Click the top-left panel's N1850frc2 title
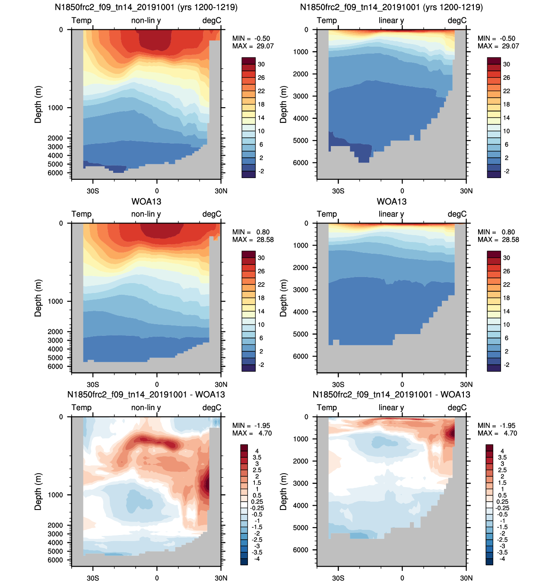146,7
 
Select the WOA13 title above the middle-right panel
391,201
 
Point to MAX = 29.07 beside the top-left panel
253,46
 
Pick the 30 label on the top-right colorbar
507,64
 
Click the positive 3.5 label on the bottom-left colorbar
257,457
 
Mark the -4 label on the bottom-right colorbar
502,559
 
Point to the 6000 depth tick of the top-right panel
301,163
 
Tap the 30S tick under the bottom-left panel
93,578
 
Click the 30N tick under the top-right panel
466,191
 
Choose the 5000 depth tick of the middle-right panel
301,334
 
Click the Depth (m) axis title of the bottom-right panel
283,491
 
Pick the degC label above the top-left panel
212,20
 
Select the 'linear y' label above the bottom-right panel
391,408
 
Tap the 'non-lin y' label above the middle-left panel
146,214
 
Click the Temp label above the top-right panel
327,20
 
